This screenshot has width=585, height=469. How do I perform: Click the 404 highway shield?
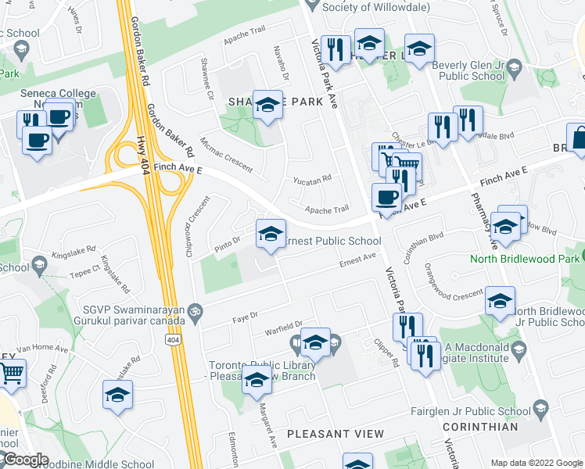point(173,340)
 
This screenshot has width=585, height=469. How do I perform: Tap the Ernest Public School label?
point(332,242)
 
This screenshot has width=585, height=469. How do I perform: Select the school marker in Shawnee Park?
point(267,106)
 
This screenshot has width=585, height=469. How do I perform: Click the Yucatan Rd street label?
point(312,179)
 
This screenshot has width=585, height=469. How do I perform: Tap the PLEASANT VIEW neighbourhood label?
point(336,434)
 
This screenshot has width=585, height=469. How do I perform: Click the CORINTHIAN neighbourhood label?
point(479,428)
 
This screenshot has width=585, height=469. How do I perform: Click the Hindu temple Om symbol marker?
point(196,309)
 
